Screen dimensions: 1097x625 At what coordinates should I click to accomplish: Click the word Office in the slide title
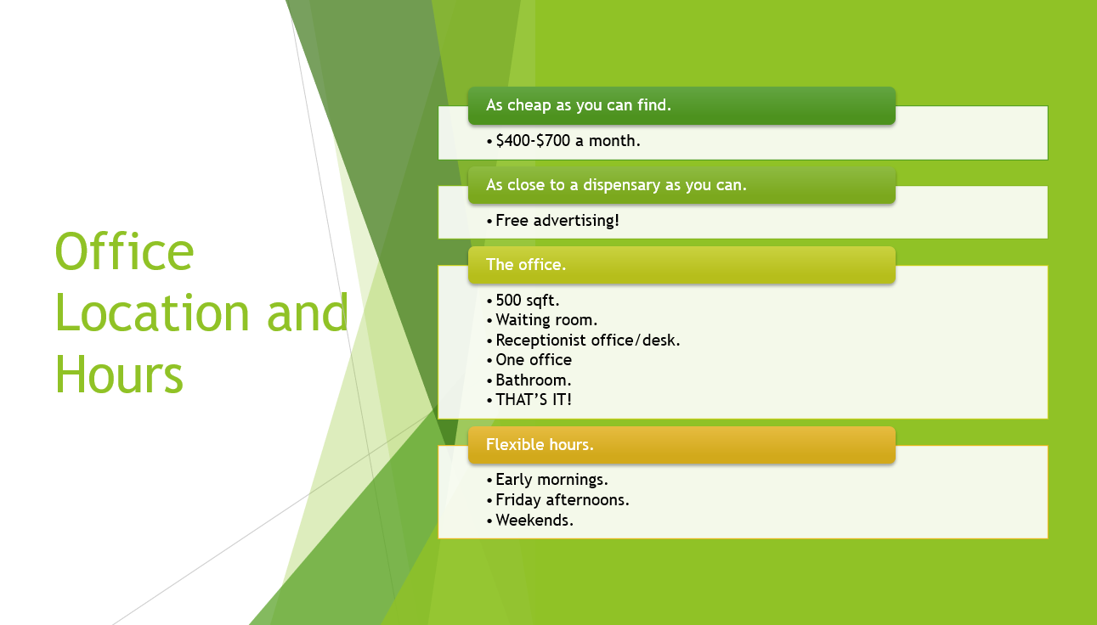pos(124,251)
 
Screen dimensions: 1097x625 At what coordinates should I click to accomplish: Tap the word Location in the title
pos(152,312)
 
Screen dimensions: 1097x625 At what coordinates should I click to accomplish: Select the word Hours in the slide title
pos(119,374)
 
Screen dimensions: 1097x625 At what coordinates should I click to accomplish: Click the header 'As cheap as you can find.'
pos(579,105)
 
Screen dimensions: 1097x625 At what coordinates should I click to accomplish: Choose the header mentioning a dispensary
pos(616,185)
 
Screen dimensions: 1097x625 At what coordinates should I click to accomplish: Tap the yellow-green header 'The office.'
pos(526,265)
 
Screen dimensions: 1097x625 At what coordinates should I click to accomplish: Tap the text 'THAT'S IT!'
pos(534,400)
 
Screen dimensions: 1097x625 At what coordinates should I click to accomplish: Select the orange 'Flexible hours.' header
pos(540,444)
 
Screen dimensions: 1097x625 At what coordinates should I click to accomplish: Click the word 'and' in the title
pos(308,312)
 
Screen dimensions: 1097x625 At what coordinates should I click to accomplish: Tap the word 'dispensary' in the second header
pos(622,185)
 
